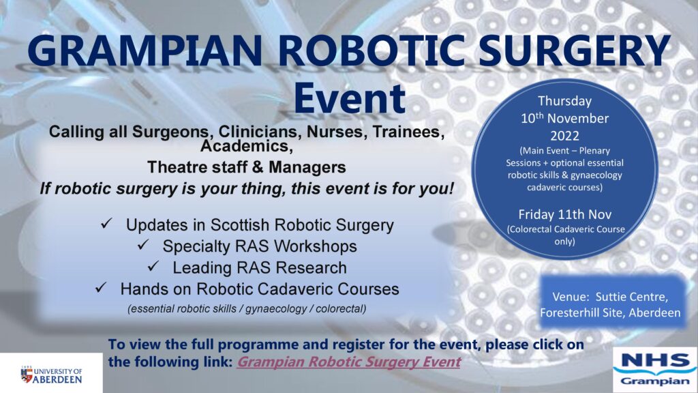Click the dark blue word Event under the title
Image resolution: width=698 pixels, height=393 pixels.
(350, 98)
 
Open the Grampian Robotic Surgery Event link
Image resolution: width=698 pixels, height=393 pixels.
(348, 362)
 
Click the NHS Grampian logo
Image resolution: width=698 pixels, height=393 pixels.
(655, 369)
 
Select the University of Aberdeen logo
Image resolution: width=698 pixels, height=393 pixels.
(51, 375)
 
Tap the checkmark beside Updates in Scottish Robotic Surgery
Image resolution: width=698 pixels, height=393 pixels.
(106, 223)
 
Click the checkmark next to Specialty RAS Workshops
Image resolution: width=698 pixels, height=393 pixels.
(143, 244)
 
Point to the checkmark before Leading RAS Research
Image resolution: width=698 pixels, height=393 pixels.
(153, 265)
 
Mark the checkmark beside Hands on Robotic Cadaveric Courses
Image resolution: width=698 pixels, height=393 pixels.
(101, 287)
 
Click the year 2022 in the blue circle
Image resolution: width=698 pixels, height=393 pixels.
(564, 136)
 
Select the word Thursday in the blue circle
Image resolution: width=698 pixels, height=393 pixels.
(564, 102)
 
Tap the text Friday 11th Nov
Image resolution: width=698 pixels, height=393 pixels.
(564, 214)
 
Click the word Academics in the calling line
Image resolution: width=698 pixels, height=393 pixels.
(247, 146)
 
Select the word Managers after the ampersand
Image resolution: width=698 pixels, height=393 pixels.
(307, 167)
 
